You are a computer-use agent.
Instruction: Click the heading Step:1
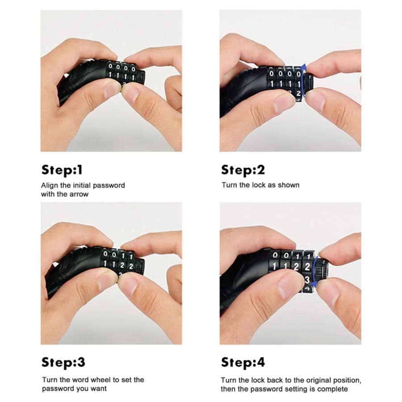tap(62, 170)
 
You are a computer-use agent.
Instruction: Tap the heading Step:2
tap(243, 170)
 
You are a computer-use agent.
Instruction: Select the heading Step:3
tap(63, 362)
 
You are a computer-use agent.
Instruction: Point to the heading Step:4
tap(243, 362)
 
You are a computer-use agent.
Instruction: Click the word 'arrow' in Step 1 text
tap(79, 194)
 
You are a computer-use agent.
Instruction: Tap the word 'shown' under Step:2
tap(289, 185)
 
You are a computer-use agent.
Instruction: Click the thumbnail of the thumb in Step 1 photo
tap(110, 91)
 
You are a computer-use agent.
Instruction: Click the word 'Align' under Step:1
tap(50, 185)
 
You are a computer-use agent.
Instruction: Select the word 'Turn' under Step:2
tap(229, 185)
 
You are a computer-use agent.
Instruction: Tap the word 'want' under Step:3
tap(99, 389)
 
